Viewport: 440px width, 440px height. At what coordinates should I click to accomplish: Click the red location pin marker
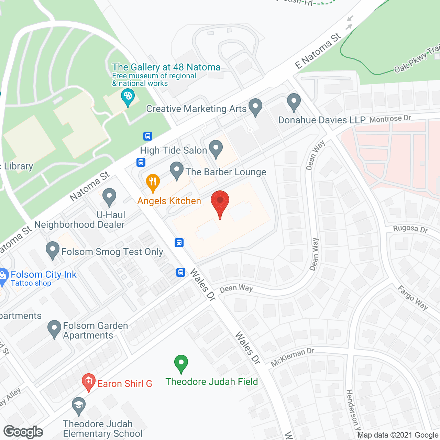(220, 203)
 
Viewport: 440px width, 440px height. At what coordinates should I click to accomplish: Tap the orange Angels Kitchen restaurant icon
(153, 183)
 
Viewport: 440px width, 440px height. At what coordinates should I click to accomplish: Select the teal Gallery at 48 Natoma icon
(128, 98)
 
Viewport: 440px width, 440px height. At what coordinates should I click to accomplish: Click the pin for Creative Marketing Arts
(255, 107)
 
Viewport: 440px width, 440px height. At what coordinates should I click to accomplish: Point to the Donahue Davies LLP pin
(294, 102)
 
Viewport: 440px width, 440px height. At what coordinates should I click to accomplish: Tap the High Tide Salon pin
(216, 149)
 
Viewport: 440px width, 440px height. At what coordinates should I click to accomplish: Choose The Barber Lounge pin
(177, 170)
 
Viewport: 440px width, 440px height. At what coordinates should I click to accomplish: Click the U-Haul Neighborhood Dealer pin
(109, 197)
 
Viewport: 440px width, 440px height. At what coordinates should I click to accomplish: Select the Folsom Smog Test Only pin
(53, 250)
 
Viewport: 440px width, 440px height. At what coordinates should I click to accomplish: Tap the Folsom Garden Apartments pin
(54, 329)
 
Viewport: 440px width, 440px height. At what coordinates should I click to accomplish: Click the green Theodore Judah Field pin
(181, 363)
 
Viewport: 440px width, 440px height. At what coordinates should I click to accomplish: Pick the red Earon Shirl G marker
(89, 382)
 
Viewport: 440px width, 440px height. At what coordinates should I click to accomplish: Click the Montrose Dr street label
(390, 119)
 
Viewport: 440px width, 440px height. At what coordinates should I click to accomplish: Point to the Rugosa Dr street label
(410, 229)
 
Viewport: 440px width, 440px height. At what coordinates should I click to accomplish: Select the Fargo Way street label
(413, 298)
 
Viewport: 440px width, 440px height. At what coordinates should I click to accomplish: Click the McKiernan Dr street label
(293, 357)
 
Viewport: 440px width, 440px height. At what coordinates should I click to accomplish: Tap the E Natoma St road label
(318, 51)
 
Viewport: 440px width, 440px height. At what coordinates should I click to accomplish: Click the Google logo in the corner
(23, 432)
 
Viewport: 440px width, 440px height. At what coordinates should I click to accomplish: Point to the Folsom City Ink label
(44, 275)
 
